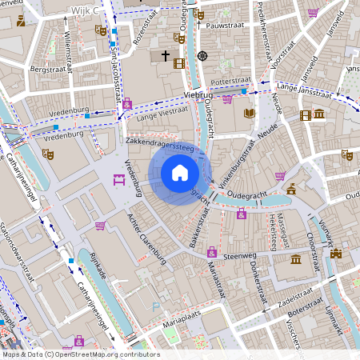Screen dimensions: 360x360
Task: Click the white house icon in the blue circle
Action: (x=180, y=172)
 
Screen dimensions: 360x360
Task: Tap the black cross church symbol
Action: (x=166, y=56)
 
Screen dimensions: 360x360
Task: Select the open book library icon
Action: (x=249, y=114)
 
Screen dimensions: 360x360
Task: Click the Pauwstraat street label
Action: (x=225, y=26)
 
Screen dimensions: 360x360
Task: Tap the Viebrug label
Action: (x=198, y=94)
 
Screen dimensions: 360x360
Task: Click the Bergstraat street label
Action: (x=45, y=70)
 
